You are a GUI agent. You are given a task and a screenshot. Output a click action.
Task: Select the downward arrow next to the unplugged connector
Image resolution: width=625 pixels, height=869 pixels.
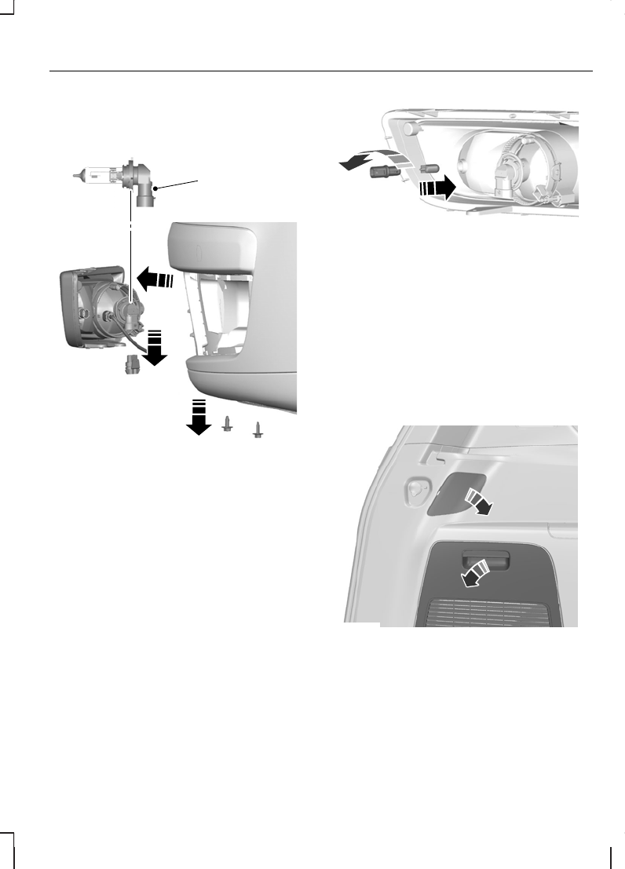click(x=155, y=349)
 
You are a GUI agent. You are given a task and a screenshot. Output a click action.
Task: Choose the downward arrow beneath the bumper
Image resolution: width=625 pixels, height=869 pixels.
click(x=198, y=416)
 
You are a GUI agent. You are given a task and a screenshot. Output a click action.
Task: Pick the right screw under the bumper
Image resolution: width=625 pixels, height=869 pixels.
click(x=257, y=428)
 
